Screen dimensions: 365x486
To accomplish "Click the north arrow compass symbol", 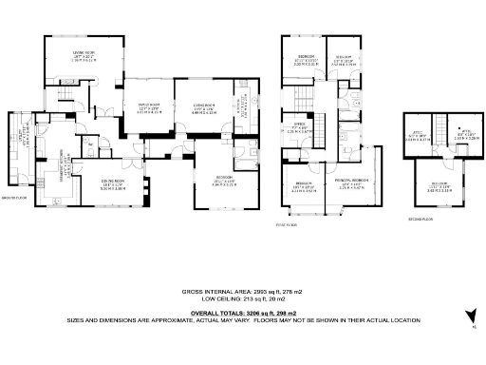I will (x=468, y=318).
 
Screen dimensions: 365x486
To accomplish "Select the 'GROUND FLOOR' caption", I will (x=13, y=199).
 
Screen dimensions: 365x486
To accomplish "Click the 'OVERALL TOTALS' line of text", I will (x=242, y=312).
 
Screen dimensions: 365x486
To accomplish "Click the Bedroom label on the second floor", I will (x=439, y=186).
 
